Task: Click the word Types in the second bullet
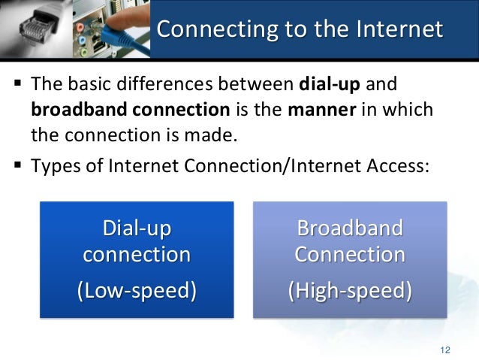pos(53,164)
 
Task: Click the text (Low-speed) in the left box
pos(136,289)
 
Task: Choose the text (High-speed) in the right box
pos(350,289)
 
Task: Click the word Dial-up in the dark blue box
pos(136,226)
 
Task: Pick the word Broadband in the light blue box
pos(350,227)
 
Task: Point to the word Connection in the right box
pos(350,254)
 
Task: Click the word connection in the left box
pos(136,254)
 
